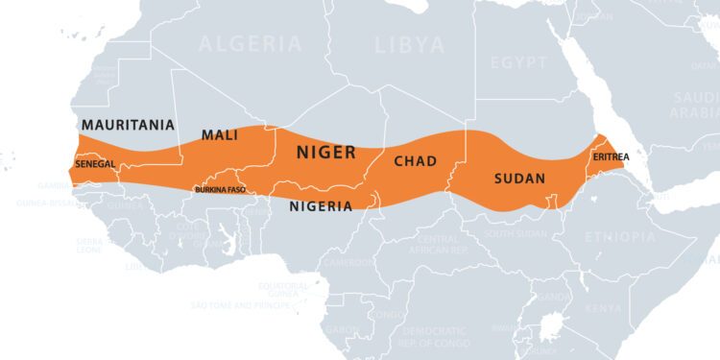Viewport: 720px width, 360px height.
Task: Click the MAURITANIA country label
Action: coord(128,125)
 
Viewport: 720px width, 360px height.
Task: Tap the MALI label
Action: coord(219,135)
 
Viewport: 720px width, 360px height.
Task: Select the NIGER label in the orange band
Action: coord(325,153)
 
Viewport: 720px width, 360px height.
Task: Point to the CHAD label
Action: coord(417,160)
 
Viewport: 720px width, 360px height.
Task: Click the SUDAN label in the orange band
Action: coord(519,179)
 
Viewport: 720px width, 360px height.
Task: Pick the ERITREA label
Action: coord(612,156)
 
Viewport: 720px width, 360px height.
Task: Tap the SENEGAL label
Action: coord(94,164)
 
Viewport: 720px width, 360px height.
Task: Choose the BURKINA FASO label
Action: coord(220,190)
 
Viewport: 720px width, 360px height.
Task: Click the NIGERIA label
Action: coord(321,205)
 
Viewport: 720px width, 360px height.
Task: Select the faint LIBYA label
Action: coord(409,45)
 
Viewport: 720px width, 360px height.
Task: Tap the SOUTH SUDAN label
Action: coord(516,233)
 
